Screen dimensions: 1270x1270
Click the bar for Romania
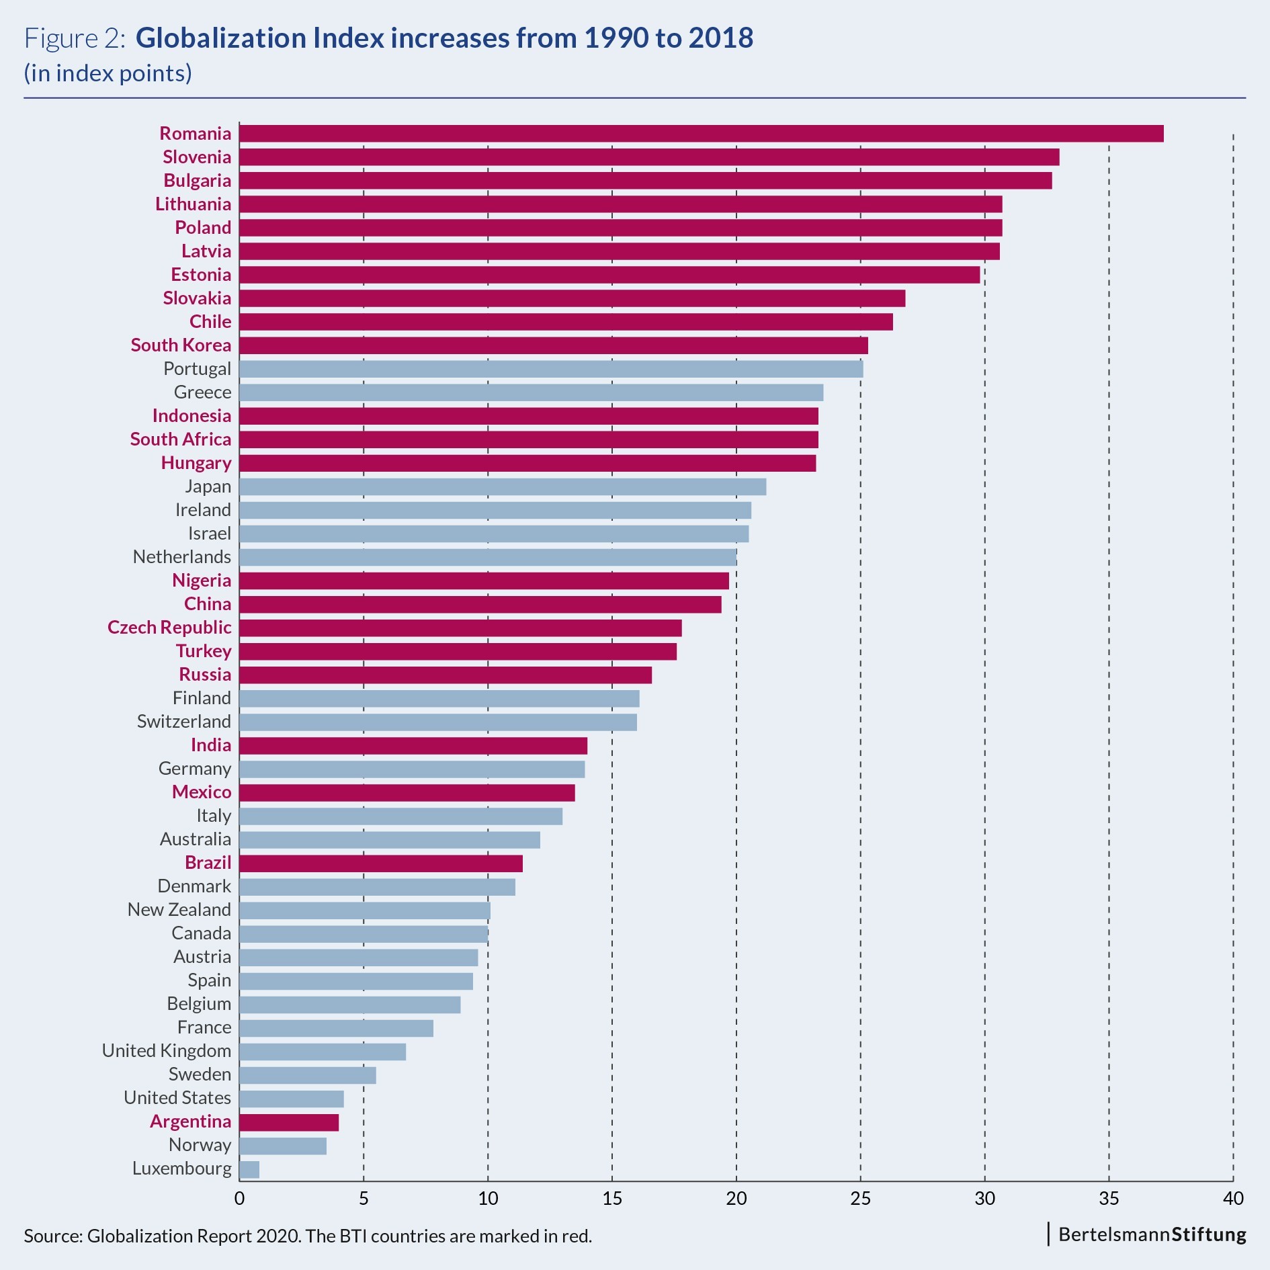[701, 134]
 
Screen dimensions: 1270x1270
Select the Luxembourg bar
[249, 1169]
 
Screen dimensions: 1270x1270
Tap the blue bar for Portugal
[551, 369]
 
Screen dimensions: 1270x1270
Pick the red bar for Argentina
[289, 1122]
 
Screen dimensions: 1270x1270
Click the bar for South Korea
[554, 345]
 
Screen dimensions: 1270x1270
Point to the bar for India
[413, 746]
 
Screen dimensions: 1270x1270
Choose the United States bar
[292, 1099]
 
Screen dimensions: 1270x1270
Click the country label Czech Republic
[169, 628]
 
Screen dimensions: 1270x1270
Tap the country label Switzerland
[184, 722]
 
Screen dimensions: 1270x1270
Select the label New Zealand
[179, 910]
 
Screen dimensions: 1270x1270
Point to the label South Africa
[181, 439]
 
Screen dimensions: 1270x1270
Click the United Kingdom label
[167, 1051]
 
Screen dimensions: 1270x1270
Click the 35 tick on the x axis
[1109, 1198]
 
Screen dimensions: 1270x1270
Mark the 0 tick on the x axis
[239, 1198]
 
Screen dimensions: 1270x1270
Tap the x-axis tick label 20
[736, 1198]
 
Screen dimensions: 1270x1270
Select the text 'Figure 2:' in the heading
[75, 38]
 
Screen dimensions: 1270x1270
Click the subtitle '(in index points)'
[108, 73]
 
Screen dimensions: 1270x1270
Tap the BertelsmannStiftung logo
[1152, 1234]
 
